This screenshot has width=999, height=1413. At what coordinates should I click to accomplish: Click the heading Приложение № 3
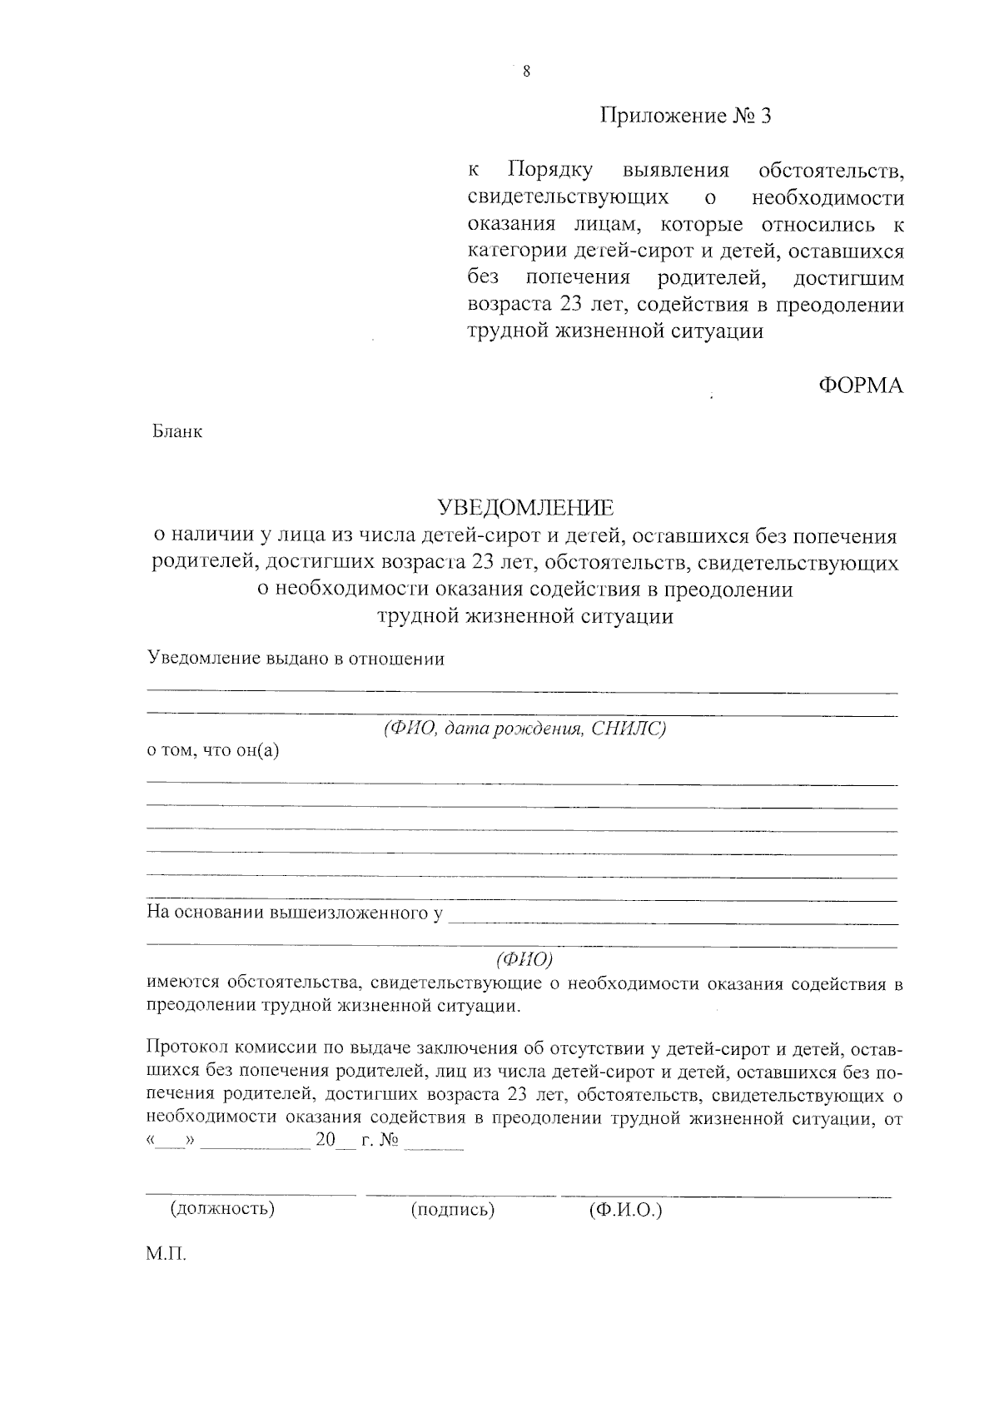point(686,116)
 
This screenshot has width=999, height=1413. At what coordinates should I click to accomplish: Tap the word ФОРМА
point(860,386)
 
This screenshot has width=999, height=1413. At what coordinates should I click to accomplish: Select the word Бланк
point(177,432)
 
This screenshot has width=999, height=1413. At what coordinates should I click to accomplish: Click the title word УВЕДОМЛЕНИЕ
point(526,507)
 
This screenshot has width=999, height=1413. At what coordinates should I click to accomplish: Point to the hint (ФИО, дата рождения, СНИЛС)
point(525,729)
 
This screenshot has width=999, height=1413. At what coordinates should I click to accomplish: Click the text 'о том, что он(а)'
point(213,750)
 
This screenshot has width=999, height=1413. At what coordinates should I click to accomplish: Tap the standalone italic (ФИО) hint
point(524,959)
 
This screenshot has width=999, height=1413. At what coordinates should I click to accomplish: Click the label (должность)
point(222,1208)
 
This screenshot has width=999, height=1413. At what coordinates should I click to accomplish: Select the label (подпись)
point(453,1210)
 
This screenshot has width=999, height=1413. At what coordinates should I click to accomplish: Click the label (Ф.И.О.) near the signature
point(625,1210)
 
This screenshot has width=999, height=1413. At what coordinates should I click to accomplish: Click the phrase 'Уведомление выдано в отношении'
point(296,659)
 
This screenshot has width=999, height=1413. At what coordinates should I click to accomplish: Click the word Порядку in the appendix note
point(550,171)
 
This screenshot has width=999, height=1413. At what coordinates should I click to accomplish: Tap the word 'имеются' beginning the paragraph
point(181,983)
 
